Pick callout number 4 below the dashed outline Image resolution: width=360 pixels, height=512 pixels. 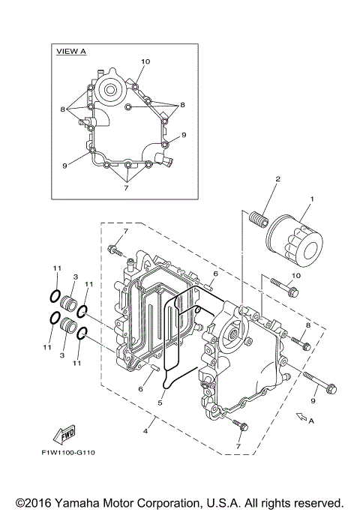pyautogui.click(x=146, y=430)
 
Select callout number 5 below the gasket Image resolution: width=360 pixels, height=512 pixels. pyautogui.click(x=160, y=403)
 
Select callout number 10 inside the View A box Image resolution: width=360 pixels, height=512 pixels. pyautogui.click(x=145, y=61)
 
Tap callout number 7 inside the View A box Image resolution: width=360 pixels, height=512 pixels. pyautogui.click(x=125, y=187)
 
